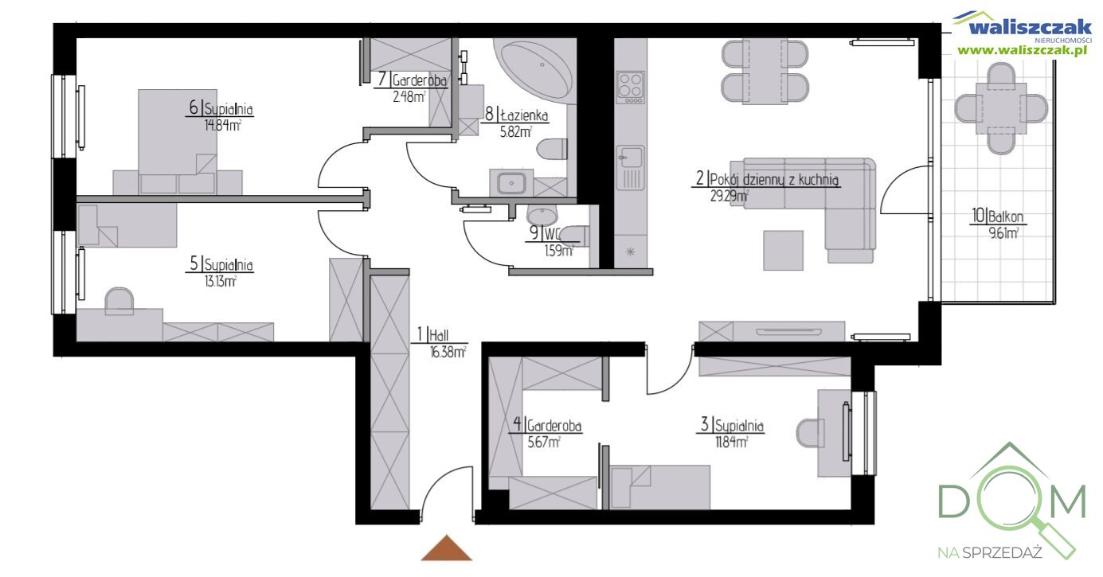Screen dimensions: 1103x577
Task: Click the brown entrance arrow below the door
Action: click(447, 548)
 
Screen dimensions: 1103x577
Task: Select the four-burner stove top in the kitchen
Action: click(630, 88)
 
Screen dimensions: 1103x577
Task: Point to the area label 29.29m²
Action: click(729, 197)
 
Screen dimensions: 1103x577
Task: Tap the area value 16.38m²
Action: click(448, 353)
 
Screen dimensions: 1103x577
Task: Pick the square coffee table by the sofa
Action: click(783, 251)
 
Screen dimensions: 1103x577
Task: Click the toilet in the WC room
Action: click(575, 236)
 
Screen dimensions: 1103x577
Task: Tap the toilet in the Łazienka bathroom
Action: click(552, 149)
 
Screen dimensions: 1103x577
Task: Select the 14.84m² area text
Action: click(222, 126)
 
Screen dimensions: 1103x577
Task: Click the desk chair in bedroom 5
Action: click(119, 301)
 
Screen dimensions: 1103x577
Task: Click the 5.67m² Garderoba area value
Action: click(544, 442)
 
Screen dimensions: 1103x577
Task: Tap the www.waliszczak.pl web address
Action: click(1022, 50)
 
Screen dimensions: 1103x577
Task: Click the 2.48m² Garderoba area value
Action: click(409, 97)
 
